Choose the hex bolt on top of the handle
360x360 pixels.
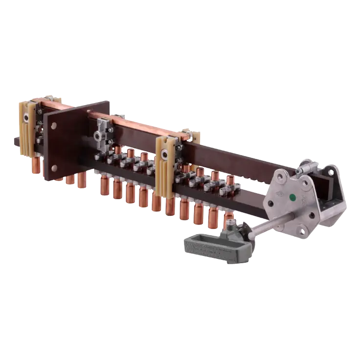tap(230, 225)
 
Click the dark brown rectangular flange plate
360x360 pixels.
tap(73, 142)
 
